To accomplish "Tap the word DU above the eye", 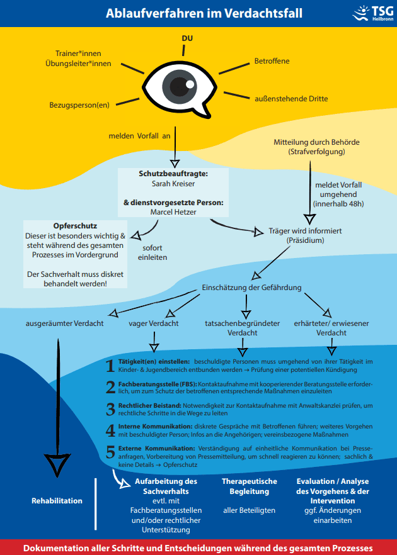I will click(x=187, y=38).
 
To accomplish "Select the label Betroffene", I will click(x=272, y=61).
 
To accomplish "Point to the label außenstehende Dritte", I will click(x=291, y=99).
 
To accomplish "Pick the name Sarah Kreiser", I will click(x=173, y=184).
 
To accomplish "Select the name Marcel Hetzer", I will click(x=173, y=211).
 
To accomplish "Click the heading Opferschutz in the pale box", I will click(x=75, y=226).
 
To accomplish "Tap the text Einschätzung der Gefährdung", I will click(x=251, y=288).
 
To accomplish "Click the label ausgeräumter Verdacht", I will click(x=64, y=323).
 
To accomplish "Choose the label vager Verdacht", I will click(x=153, y=323).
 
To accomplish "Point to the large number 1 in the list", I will click(x=110, y=366).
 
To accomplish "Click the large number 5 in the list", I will click(x=110, y=452).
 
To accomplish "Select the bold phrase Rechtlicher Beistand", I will click(x=149, y=406).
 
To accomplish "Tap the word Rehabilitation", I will click(x=57, y=501).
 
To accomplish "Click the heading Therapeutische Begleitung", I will click(x=249, y=486).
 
